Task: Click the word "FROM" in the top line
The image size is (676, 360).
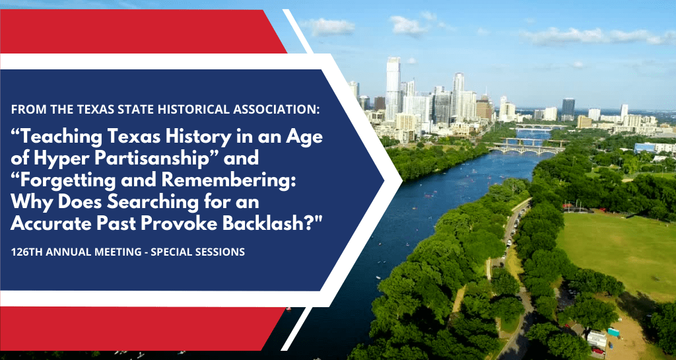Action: [28, 108]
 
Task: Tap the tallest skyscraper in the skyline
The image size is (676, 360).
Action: [393, 86]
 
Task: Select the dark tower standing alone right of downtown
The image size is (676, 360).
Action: [568, 107]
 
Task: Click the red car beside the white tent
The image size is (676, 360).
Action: [597, 350]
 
